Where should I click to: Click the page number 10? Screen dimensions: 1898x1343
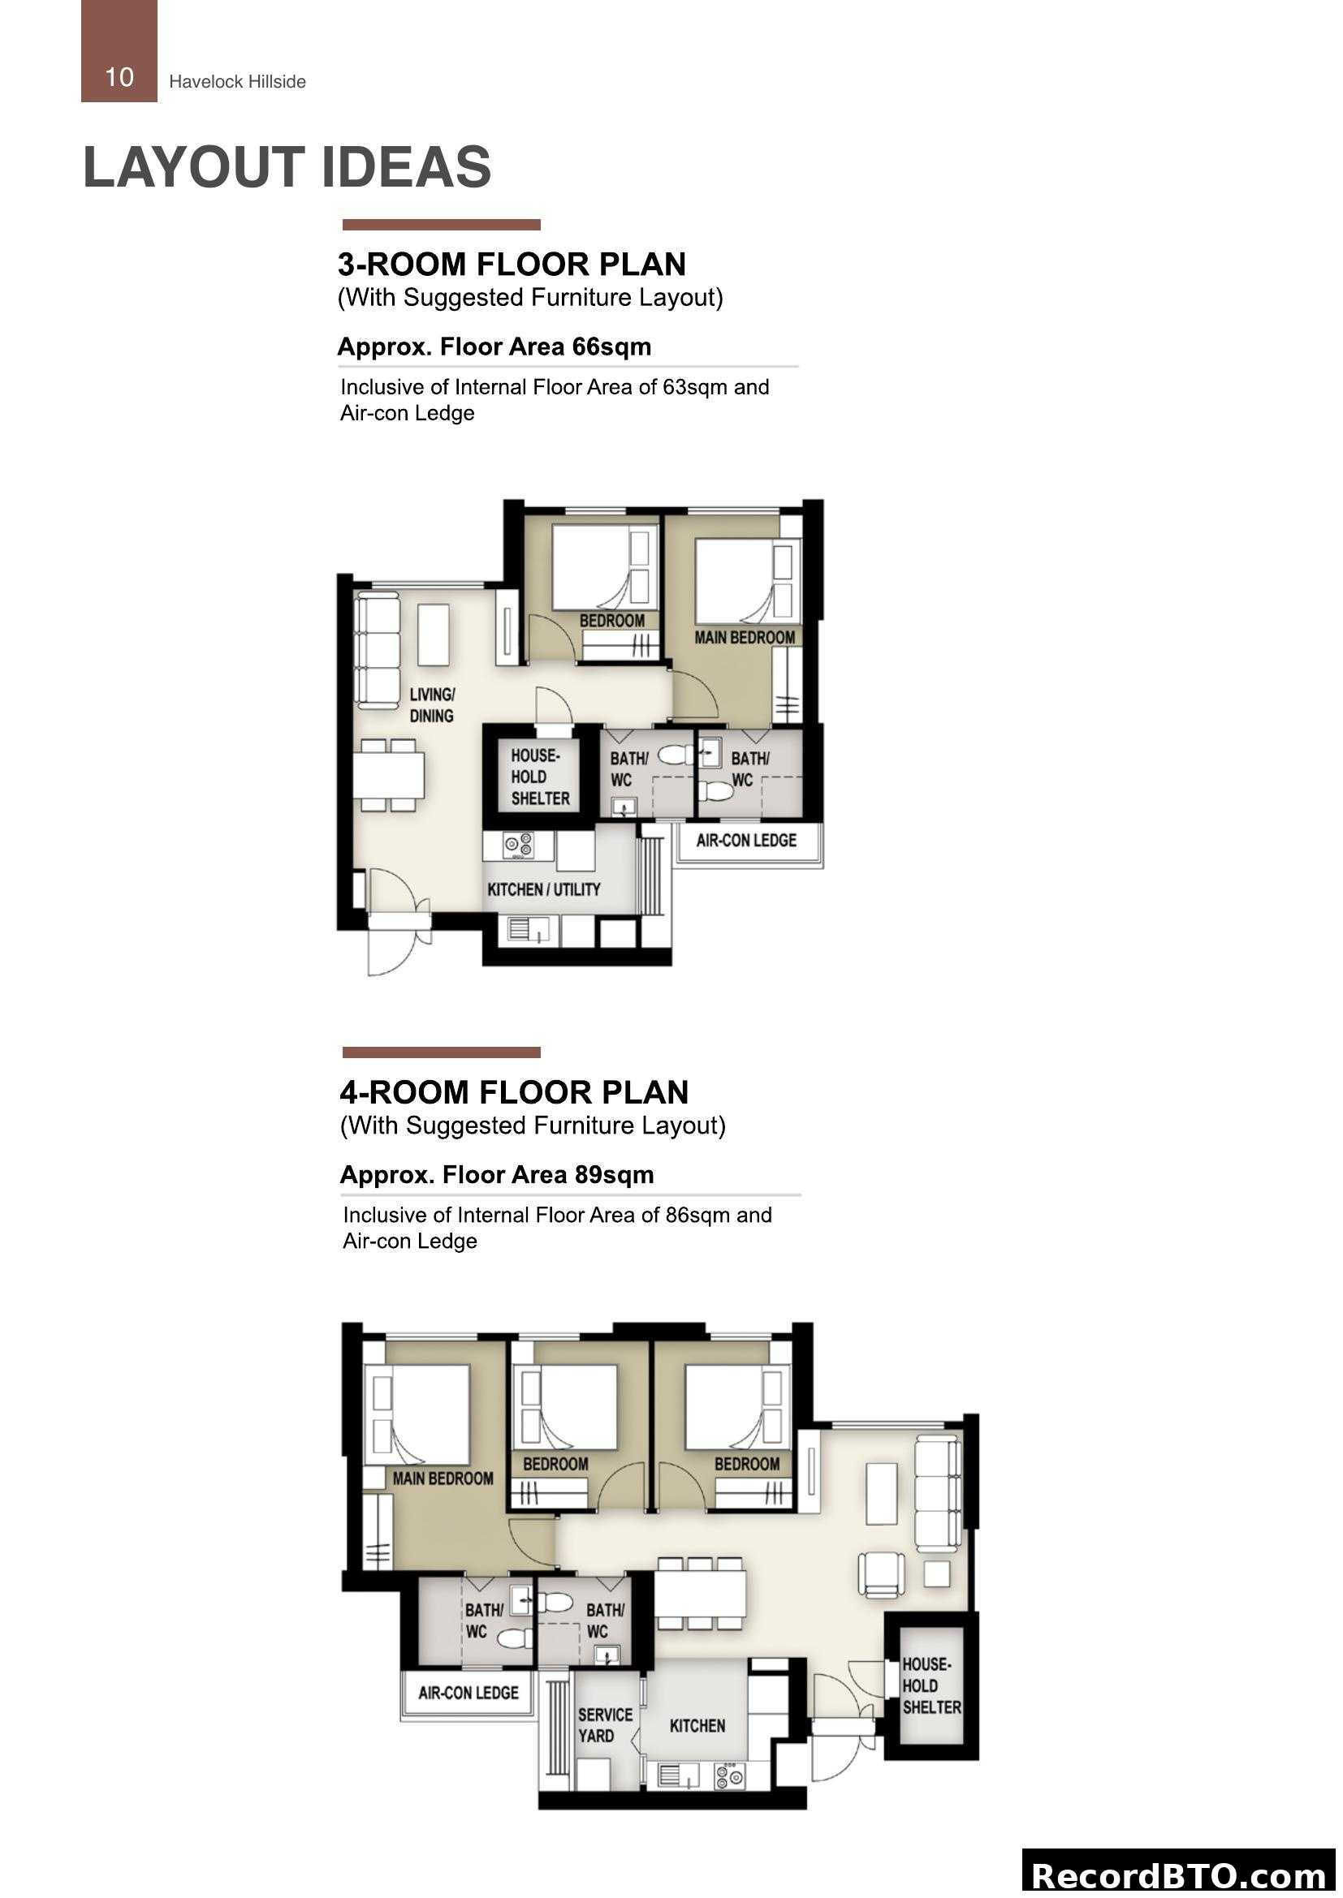pyautogui.click(x=119, y=78)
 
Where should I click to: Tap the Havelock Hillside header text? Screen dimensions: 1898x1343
pyautogui.click(x=237, y=82)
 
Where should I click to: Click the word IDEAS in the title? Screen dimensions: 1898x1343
pyautogui.click(x=406, y=167)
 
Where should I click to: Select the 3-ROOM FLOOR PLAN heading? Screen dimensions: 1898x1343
pyautogui.click(x=512, y=265)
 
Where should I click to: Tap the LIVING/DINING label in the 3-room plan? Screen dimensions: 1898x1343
pyautogui.click(x=432, y=705)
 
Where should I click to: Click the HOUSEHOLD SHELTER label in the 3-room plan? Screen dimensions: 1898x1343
pyautogui.click(x=540, y=777)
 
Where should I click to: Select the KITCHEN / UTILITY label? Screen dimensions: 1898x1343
pyautogui.click(x=543, y=889)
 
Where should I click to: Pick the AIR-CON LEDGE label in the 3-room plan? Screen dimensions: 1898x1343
pyautogui.click(x=746, y=841)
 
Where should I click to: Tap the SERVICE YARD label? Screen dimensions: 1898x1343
pyautogui.click(x=605, y=1725)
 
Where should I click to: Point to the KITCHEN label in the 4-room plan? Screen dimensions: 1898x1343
pyautogui.click(x=697, y=1726)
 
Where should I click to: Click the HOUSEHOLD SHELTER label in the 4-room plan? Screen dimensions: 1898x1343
pyautogui.click(x=931, y=1685)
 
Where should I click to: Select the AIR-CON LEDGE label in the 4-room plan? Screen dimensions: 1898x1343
pyautogui.click(x=468, y=1693)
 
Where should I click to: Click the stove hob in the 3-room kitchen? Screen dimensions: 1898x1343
pyautogui.click(x=519, y=846)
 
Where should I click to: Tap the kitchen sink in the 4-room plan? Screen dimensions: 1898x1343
pyautogui.click(x=678, y=1775)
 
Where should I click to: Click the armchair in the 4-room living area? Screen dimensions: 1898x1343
pyautogui.click(x=881, y=1573)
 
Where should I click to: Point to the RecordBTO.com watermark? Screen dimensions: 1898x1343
pyautogui.click(x=1178, y=1875)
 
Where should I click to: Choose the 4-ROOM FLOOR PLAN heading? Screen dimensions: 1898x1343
pyautogui.click(x=513, y=1093)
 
